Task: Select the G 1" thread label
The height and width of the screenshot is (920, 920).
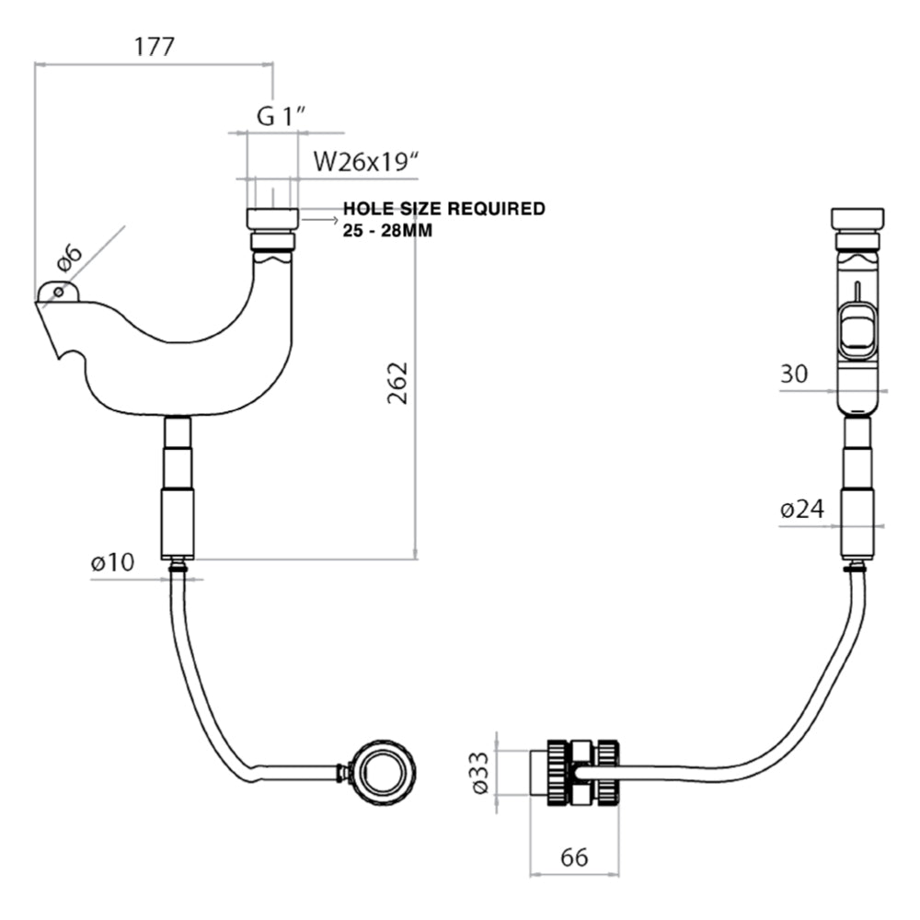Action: point(280,116)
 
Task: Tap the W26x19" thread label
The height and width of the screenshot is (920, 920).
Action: point(366,162)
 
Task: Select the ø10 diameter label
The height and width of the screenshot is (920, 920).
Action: point(112,563)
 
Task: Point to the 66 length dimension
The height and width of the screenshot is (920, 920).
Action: point(574,857)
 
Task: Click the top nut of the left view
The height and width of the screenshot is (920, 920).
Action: point(272,219)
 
